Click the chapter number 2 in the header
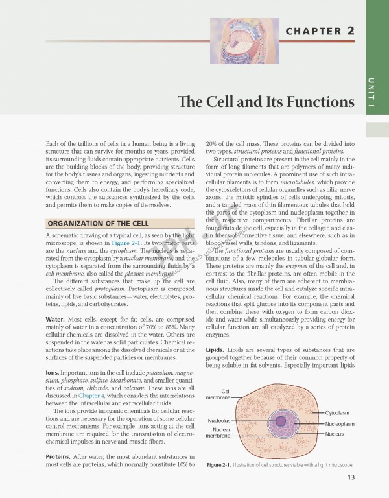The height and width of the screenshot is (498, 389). click(350, 31)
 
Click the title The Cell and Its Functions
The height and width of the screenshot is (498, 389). click(267, 102)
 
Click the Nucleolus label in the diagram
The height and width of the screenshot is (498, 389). click(218, 421)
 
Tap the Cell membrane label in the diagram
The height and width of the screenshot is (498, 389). click(218, 394)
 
